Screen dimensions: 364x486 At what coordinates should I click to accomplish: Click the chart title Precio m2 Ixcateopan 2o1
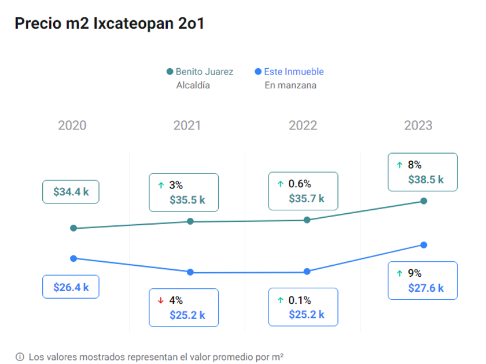[109, 24]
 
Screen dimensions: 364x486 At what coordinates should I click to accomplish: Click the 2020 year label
[72, 125]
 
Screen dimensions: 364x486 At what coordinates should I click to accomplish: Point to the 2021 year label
[187, 125]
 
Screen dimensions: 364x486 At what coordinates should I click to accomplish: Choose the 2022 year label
[303, 125]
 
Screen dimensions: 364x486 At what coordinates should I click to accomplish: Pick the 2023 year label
[418, 125]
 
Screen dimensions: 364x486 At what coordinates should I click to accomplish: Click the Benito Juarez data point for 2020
[73, 228]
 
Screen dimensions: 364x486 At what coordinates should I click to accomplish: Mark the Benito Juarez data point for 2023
[424, 201]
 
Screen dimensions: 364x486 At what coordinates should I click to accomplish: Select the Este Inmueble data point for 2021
[190, 272]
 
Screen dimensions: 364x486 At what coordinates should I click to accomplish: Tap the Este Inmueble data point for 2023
[424, 245]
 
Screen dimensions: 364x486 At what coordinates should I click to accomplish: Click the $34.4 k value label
[71, 192]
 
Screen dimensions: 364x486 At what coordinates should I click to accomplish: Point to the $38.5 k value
[426, 180]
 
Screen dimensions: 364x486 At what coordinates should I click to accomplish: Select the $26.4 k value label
[71, 287]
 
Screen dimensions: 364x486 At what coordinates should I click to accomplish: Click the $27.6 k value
[426, 288]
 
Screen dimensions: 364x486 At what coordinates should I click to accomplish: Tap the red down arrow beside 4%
[161, 300]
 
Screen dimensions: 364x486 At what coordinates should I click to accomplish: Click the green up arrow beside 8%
[399, 165]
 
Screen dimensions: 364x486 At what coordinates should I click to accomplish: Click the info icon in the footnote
[20, 356]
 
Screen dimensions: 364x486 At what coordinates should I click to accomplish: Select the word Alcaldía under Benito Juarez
[193, 86]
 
